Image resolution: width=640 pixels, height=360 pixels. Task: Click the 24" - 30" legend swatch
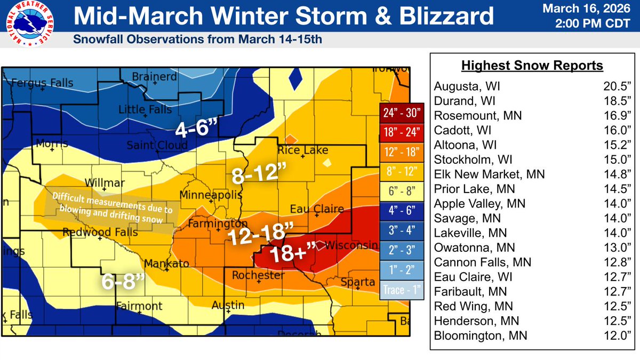(401, 113)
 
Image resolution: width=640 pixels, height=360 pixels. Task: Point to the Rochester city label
(258, 275)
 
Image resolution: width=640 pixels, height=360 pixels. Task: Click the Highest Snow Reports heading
(532, 66)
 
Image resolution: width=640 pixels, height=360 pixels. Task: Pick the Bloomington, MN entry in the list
(481, 336)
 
